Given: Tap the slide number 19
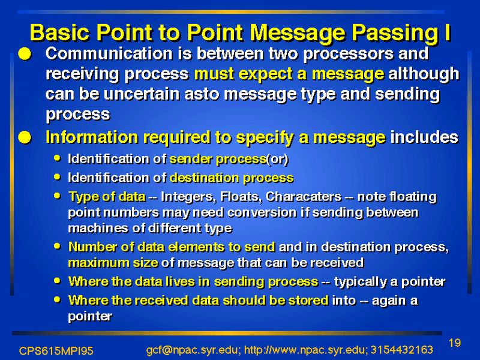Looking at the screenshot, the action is point(455,343).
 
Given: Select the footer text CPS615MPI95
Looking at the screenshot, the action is point(56,351).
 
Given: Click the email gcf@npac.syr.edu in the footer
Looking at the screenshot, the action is point(191,350).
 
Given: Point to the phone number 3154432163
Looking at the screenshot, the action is point(401,350).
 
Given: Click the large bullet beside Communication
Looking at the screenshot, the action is point(25,54).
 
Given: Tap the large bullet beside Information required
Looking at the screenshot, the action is point(25,137).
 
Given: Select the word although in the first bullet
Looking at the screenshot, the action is point(424,74).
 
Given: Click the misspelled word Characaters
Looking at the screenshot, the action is point(304,197).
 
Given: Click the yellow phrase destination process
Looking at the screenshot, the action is point(232,178).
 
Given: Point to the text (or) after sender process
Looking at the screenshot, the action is point(277,159).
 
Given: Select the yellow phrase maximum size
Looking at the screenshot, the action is point(113,263).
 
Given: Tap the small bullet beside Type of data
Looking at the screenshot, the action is point(57,196).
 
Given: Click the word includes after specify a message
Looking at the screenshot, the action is point(424,137).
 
